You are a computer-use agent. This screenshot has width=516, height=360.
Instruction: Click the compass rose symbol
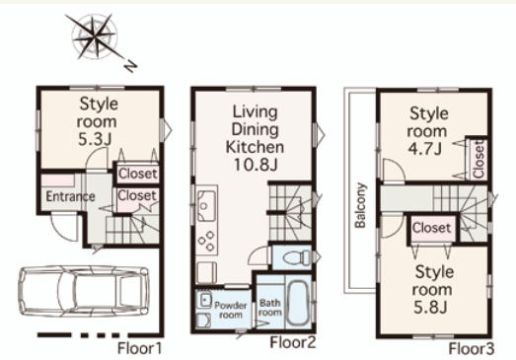pyautogui.click(x=95, y=37)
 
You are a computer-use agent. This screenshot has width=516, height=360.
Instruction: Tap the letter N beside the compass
pyautogui.click(x=130, y=66)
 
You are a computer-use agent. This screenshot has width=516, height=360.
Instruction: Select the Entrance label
pyautogui.click(x=70, y=197)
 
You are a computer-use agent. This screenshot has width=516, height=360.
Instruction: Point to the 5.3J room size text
pyautogui.click(x=95, y=139)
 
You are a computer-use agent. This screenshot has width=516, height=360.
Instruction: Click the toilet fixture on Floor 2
pyautogui.click(x=297, y=257)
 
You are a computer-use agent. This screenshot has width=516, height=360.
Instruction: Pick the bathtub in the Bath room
pyautogui.click(x=299, y=302)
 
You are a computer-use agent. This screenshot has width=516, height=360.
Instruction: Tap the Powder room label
pyautogui.click(x=231, y=310)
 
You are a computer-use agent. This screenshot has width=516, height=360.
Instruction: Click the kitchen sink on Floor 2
pyautogui.click(x=206, y=206)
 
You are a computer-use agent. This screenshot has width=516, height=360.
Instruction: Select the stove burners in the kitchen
pyautogui.click(x=206, y=242)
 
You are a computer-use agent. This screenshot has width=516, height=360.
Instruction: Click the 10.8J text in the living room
pyautogui.click(x=256, y=165)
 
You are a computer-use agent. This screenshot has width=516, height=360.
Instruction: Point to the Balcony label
pyautogui.click(x=360, y=205)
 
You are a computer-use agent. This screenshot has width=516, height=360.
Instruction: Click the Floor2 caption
pyautogui.click(x=293, y=342)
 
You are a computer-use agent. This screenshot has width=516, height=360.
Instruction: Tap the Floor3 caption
pyautogui.click(x=472, y=349)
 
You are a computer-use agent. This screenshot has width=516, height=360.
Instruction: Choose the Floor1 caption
pyautogui.click(x=140, y=349)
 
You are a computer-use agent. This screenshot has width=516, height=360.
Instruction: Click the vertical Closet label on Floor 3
pyautogui.click(x=479, y=159)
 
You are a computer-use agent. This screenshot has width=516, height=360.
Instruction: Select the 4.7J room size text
pyautogui.click(x=425, y=149)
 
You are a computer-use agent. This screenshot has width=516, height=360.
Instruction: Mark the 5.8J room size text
pyautogui.click(x=430, y=308)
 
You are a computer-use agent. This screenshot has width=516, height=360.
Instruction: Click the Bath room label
pyautogui.click(x=270, y=308)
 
